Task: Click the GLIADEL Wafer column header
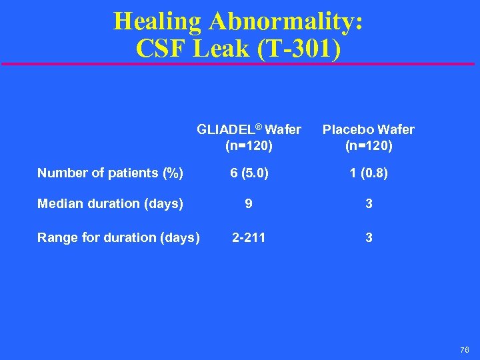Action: click(249, 129)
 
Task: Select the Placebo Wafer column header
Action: click(369, 129)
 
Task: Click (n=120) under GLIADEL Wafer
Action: click(249, 145)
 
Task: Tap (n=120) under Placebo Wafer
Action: click(369, 145)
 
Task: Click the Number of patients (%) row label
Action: click(110, 173)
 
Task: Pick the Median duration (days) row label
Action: click(110, 204)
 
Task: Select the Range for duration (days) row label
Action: click(118, 237)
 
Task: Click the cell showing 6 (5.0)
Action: click(249, 173)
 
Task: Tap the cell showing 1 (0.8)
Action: click(369, 173)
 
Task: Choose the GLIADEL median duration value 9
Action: click(249, 204)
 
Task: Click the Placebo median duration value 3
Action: click(369, 204)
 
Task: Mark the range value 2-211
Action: click(249, 237)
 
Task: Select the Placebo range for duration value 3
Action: click(369, 237)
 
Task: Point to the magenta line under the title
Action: click(240, 64)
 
